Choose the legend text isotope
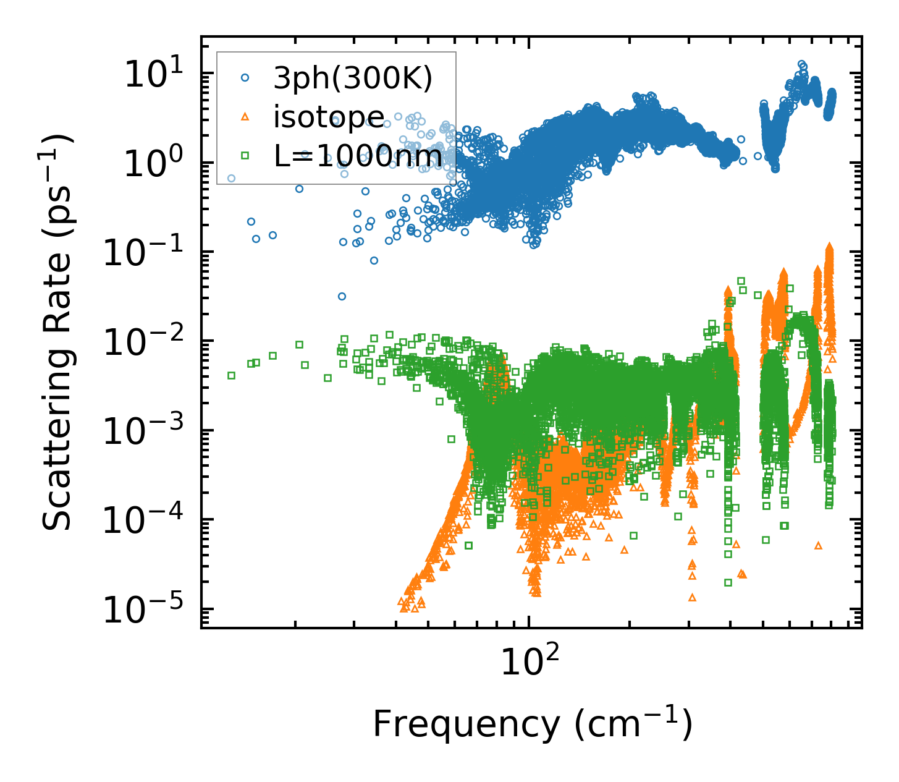tap(329, 117)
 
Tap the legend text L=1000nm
tap(358, 156)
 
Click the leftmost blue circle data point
tap(231, 178)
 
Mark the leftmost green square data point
tap(231, 375)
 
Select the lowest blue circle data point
tap(342, 296)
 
